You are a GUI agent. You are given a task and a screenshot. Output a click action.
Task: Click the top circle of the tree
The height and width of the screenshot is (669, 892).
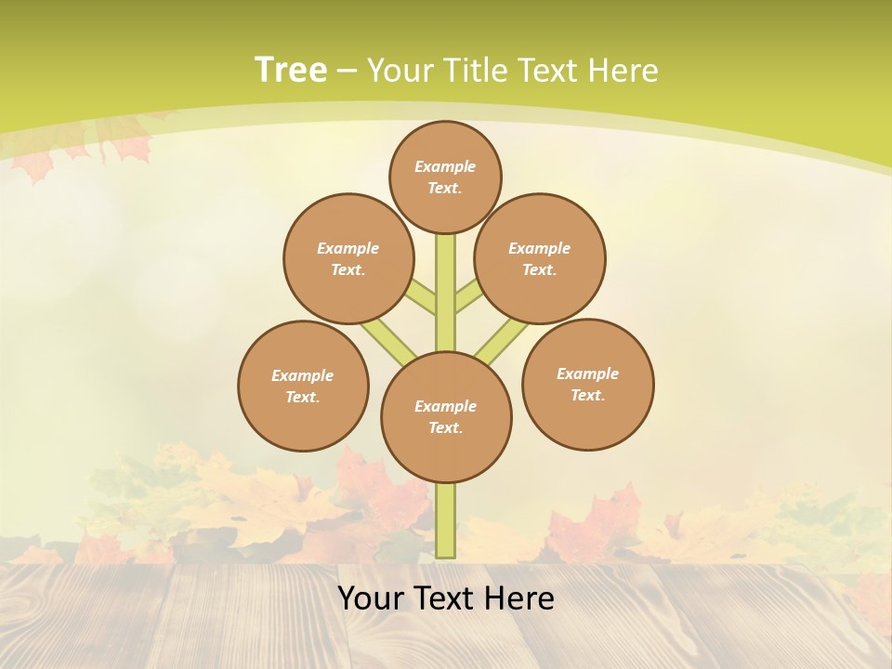[x=445, y=177]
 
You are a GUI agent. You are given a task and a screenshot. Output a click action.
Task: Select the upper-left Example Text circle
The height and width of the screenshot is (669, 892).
[x=348, y=258]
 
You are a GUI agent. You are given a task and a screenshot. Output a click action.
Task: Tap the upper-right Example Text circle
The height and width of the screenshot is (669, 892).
[x=539, y=258]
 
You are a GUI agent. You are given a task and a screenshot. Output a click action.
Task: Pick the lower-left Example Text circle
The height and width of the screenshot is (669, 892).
[x=303, y=386]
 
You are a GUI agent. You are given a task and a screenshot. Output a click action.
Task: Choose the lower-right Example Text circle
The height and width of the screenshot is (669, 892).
[x=587, y=384]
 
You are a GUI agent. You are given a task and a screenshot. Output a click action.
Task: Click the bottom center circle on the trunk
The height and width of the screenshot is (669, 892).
[x=446, y=416]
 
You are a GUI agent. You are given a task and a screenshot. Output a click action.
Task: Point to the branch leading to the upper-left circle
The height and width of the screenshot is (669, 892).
[x=421, y=296]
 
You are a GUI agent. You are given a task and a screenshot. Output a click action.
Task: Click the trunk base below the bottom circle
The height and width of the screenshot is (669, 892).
[x=446, y=520]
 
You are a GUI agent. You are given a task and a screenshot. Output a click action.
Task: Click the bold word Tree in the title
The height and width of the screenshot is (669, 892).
[x=291, y=70]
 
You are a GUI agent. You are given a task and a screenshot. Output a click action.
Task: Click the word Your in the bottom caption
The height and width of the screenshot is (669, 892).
[x=370, y=598]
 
